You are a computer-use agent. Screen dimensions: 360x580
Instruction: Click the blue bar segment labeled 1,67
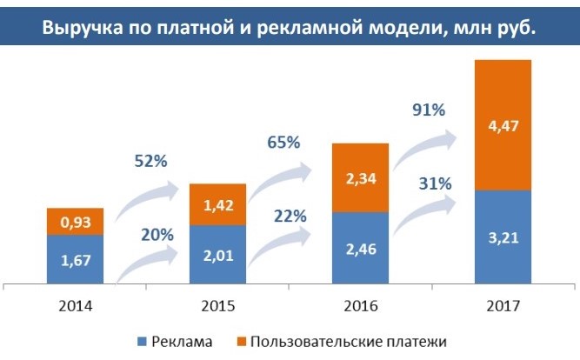[75, 258]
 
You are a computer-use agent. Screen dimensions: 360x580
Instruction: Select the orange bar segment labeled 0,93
[75, 222]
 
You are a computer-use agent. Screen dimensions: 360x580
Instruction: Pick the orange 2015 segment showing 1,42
[217, 205]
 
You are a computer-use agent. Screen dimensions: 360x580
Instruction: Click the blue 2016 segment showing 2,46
[360, 247]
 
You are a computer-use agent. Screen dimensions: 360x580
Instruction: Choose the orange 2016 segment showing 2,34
[360, 177]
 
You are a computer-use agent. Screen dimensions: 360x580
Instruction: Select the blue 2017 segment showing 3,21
[503, 237]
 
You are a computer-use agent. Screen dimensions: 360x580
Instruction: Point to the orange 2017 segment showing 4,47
[503, 124]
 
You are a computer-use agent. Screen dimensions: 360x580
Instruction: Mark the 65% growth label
[282, 142]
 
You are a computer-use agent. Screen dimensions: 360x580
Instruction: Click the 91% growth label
[427, 110]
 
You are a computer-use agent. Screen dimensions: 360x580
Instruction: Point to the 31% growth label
[433, 183]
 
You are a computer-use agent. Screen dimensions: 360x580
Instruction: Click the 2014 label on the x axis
[75, 305]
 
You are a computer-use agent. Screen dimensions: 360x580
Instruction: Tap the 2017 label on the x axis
[503, 305]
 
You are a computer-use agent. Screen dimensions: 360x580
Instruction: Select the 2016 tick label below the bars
[360, 305]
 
